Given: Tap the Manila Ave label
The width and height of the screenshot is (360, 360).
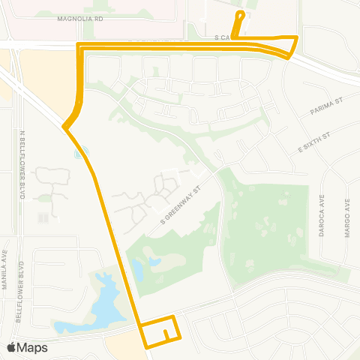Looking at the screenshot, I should point(5,272).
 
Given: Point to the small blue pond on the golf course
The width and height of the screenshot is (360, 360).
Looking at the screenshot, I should point(154,263).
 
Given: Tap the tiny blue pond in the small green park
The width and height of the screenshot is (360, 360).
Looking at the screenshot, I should point(80,153).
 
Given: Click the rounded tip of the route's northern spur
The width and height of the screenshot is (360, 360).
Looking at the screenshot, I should point(241,13).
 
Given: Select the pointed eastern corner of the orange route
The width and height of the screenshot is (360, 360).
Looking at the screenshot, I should point(298,37).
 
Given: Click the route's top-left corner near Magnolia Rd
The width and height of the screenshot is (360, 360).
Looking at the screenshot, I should point(79,46).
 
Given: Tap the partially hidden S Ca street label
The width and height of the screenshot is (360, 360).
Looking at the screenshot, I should point(223,36).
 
